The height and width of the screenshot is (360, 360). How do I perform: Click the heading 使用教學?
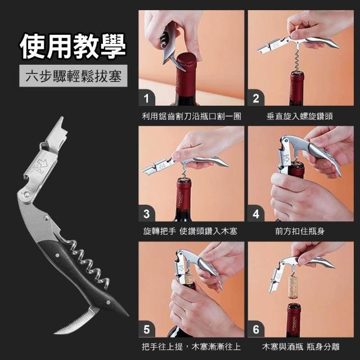tap(73, 46)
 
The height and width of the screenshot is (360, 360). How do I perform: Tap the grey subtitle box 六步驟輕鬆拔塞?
tap(73, 76)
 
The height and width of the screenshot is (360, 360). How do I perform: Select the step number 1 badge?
tap(146, 98)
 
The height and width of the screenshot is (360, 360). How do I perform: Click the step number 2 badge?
tap(256, 98)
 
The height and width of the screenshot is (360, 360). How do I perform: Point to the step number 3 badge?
tap(146, 214)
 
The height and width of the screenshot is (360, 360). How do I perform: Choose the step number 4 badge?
tap(256, 214)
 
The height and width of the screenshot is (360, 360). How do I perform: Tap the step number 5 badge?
tap(146, 329)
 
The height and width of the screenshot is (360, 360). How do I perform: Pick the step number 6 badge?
tap(256, 329)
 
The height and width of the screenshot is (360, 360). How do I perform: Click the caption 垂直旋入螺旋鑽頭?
tap(300, 116)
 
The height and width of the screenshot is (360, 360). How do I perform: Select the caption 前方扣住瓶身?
tap(300, 231)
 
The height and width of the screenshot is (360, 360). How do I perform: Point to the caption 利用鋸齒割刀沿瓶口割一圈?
tap(191, 116)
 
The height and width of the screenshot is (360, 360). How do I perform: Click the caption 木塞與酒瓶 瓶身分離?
tap(300, 346)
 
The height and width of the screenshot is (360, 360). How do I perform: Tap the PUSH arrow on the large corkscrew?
tap(41, 165)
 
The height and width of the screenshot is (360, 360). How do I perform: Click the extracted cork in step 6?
tap(292, 287)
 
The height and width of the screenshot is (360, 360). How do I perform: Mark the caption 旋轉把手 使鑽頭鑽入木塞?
tap(190, 231)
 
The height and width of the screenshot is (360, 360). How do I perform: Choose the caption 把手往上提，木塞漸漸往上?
tap(191, 346)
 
